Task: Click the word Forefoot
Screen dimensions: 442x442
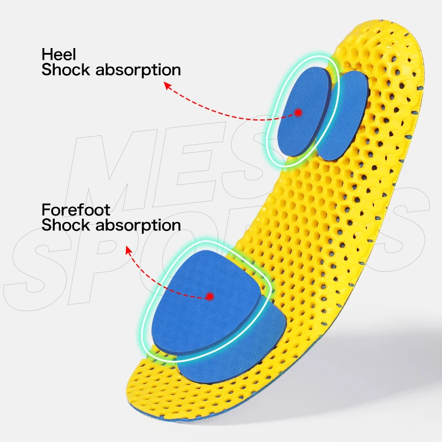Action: click(x=68, y=210)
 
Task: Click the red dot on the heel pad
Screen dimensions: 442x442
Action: click(x=298, y=112)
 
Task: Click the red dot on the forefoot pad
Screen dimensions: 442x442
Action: click(x=210, y=297)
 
